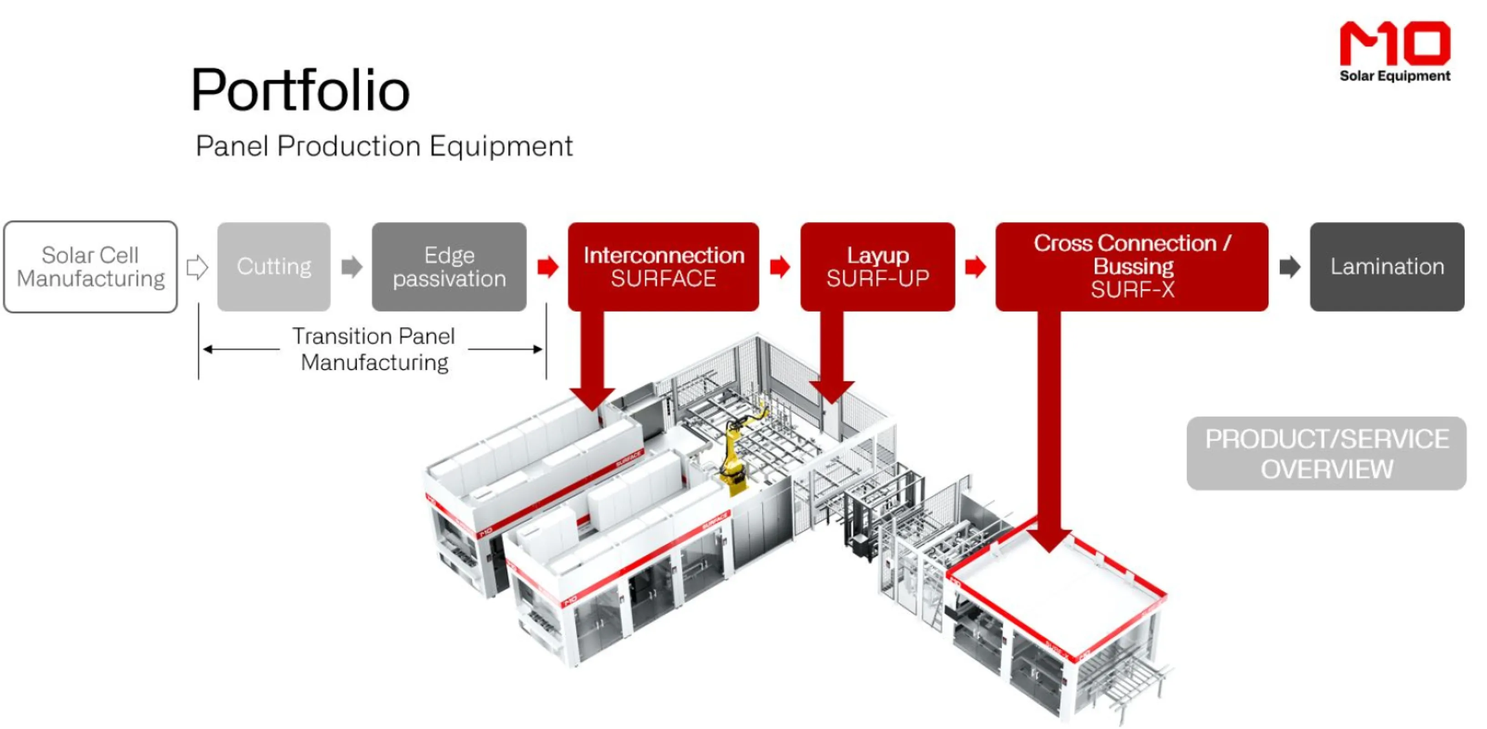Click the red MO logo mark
point(1394,43)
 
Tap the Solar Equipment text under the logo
point(1395,76)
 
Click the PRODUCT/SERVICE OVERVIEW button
point(1326,453)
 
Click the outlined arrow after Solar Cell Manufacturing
point(197,267)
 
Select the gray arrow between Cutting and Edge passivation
point(352,267)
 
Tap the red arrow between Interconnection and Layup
point(779,267)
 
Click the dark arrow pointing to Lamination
point(1289,267)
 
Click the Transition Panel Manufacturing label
point(374,349)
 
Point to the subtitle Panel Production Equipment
point(384,145)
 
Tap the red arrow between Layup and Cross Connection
point(975,267)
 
